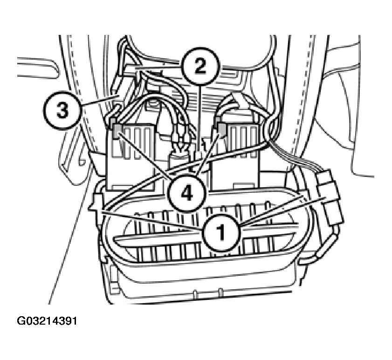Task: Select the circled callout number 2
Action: (200, 66)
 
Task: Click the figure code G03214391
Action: (47, 321)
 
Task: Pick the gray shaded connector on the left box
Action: (117, 131)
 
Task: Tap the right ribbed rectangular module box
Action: (235, 156)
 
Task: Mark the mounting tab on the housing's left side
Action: (96, 203)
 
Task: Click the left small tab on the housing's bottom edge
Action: (195, 294)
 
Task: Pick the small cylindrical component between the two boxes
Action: (179, 160)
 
